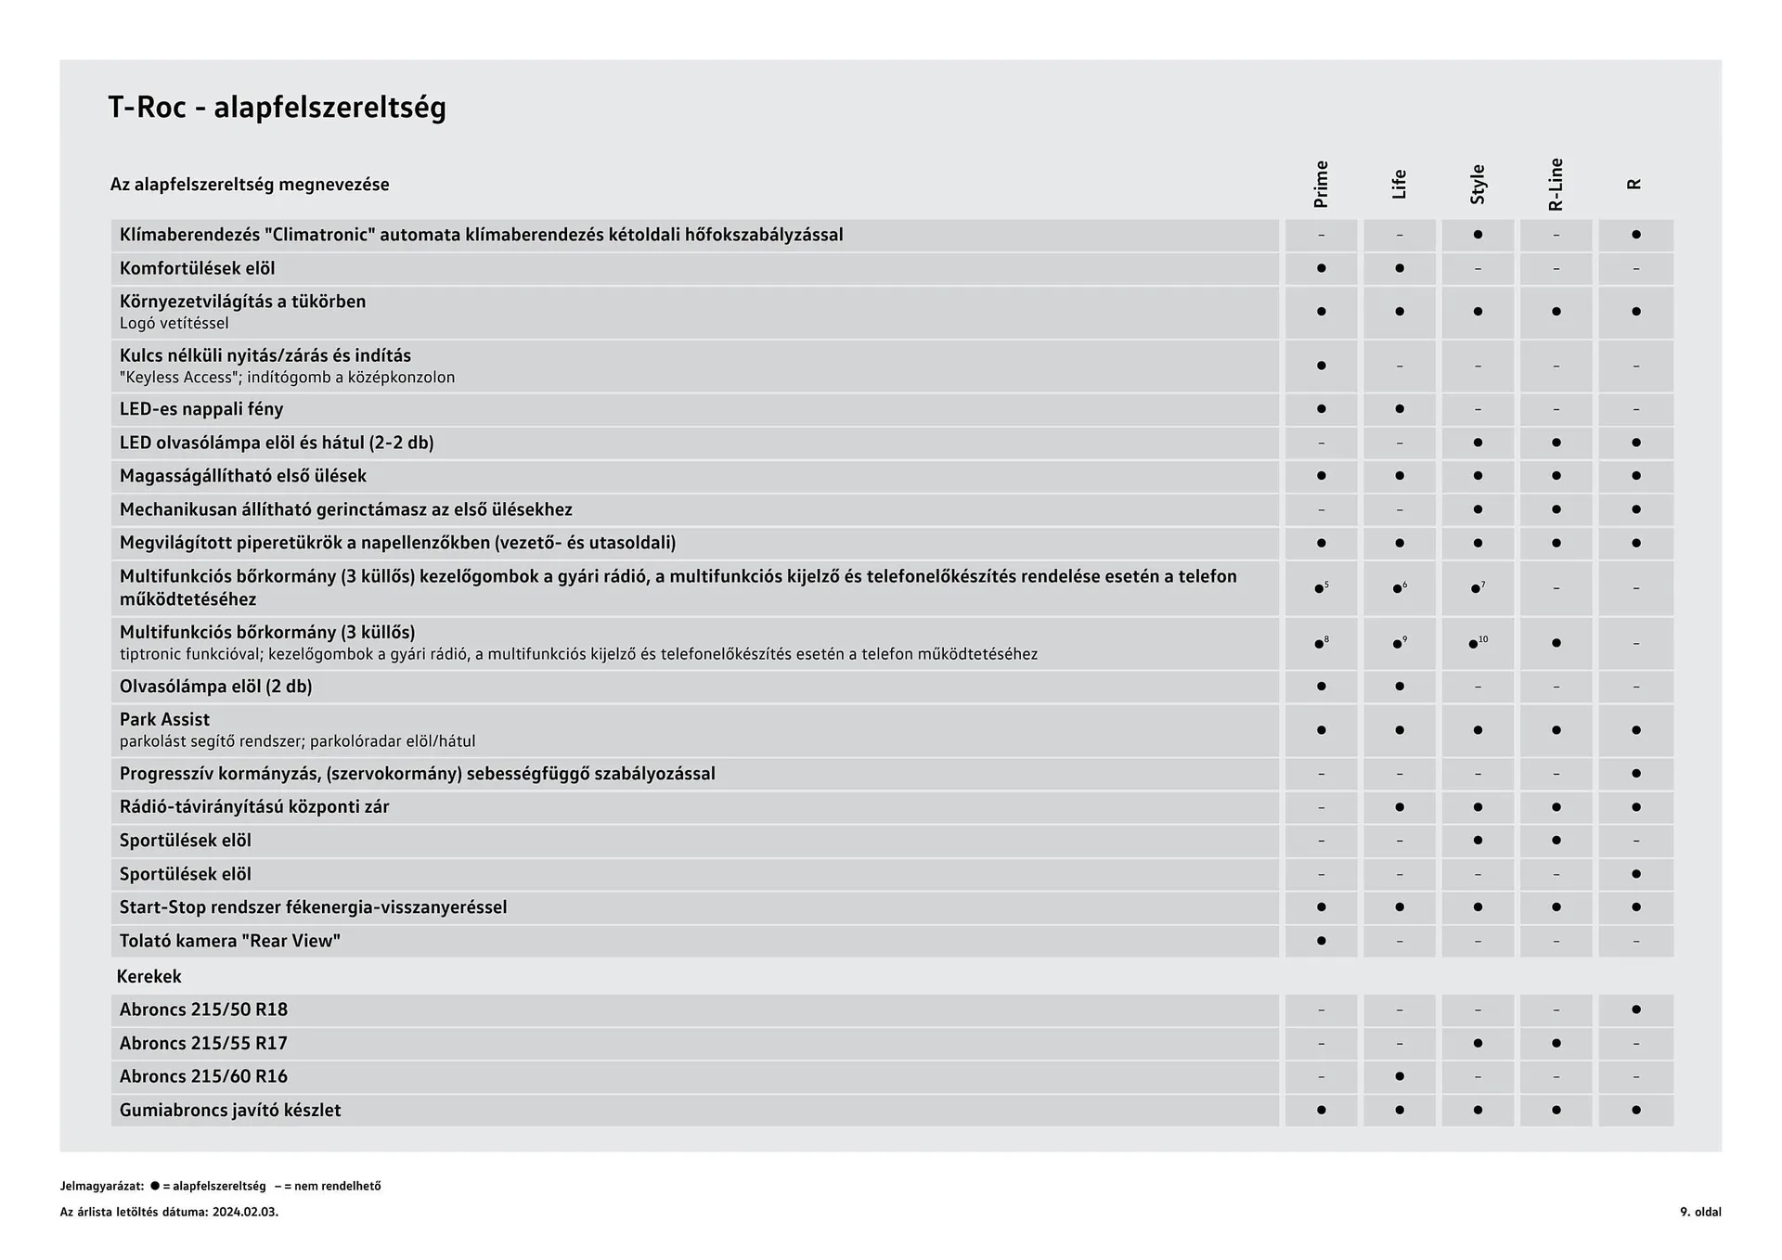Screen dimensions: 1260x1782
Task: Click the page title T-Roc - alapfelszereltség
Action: [277, 108]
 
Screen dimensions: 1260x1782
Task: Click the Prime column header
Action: [1321, 184]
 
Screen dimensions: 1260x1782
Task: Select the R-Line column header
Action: [1556, 184]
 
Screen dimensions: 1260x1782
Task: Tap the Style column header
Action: [1478, 184]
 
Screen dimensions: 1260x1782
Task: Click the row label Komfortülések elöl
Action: [197, 268]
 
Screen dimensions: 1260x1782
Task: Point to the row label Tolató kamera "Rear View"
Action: [229, 941]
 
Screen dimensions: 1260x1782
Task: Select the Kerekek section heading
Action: [148, 976]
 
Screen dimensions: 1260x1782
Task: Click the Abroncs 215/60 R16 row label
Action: [203, 1076]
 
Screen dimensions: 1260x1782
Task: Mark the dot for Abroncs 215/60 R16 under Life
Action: [1400, 1076]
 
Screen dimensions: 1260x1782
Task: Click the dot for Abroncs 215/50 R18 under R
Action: [1635, 1009]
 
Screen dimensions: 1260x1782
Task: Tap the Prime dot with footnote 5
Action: [1319, 589]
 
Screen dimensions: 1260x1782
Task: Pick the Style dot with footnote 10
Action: [1473, 644]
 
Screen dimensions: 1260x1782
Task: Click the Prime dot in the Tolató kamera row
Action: [1321, 941]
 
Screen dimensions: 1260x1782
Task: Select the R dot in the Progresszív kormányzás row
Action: [1635, 773]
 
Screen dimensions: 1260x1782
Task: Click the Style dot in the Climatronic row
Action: [1478, 235]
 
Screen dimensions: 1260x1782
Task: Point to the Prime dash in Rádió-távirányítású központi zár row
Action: [1321, 807]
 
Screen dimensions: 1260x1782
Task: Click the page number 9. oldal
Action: [1699, 1212]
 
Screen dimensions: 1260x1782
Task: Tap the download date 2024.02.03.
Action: [245, 1212]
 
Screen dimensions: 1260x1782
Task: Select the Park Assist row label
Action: [164, 719]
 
